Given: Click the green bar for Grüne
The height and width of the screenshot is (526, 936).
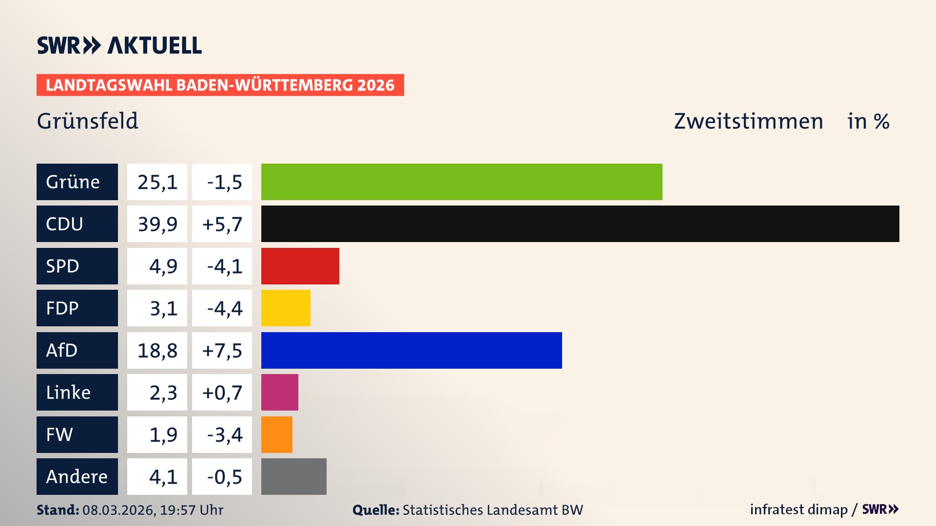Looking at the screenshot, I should click(462, 182).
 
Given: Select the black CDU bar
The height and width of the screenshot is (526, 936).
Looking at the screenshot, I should click(580, 224).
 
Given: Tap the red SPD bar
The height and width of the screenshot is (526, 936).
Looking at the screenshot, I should click(300, 266).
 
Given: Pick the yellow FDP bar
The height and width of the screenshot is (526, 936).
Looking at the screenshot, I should click(286, 308).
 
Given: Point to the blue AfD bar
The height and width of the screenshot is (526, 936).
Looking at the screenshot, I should click(411, 350).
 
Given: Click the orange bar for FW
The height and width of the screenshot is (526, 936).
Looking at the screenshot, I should click(276, 434).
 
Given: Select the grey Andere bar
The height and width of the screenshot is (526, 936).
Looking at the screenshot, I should click(293, 476).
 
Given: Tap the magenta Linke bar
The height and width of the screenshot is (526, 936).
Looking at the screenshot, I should click(279, 393).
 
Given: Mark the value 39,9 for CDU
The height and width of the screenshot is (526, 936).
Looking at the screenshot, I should click(157, 224).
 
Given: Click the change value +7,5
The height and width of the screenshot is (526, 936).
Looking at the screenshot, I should click(222, 350).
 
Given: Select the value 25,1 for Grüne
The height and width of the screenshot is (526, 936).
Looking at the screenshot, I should click(157, 182).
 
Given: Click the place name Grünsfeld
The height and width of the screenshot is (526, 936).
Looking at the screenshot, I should click(88, 121).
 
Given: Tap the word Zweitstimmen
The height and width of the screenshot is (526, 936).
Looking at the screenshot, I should click(748, 121).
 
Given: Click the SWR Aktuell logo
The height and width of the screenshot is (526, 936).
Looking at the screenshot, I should click(119, 45).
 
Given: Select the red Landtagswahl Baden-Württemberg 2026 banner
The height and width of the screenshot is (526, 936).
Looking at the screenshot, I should click(220, 85).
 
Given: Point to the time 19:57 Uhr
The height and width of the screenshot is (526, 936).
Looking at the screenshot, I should click(192, 510).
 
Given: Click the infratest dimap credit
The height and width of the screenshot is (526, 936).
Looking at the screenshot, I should click(799, 509).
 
